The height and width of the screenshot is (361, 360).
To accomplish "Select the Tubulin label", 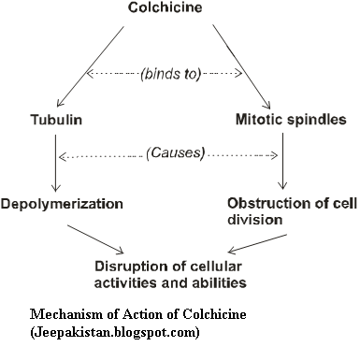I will [x=52, y=121].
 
